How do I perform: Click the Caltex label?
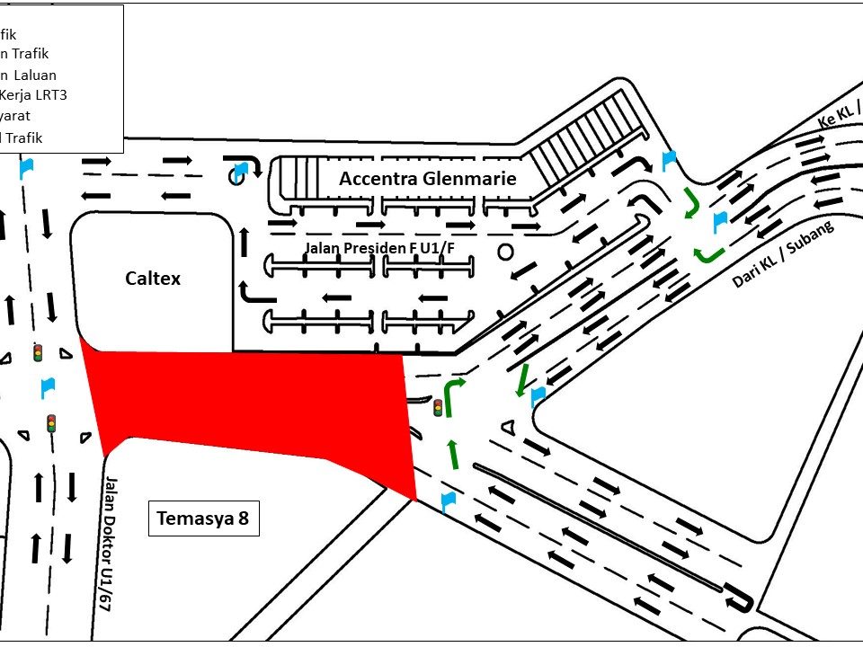153,279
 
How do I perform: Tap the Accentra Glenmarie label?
428,179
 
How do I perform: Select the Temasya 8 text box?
203,518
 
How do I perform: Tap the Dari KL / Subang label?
782,254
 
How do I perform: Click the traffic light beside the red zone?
439,407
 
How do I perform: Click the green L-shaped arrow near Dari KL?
708,253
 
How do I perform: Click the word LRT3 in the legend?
49,95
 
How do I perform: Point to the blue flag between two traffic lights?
48,388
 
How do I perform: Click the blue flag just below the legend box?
27,166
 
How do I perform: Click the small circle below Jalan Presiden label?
505,252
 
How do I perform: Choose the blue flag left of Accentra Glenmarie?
240,170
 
